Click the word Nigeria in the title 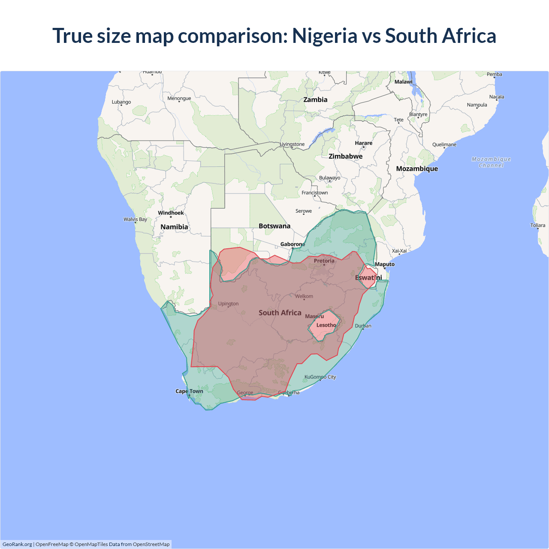(324, 36)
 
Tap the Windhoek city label (171, 213)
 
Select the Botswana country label (274, 226)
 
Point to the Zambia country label (315, 100)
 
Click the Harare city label (364, 143)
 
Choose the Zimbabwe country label (346, 156)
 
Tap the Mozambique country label (417, 169)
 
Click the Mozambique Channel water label (491, 162)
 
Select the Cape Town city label (189, 391)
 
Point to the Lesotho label (326, 325)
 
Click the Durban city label (363, 326)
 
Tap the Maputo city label (385, 264)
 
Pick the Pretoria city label (324, 261)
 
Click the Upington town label (228, 304)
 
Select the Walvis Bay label (135, 219)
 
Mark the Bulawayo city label (329, 178)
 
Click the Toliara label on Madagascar (537, 225)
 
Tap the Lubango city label (121, 102)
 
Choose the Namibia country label (174, 227)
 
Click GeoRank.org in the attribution (17, 544)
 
